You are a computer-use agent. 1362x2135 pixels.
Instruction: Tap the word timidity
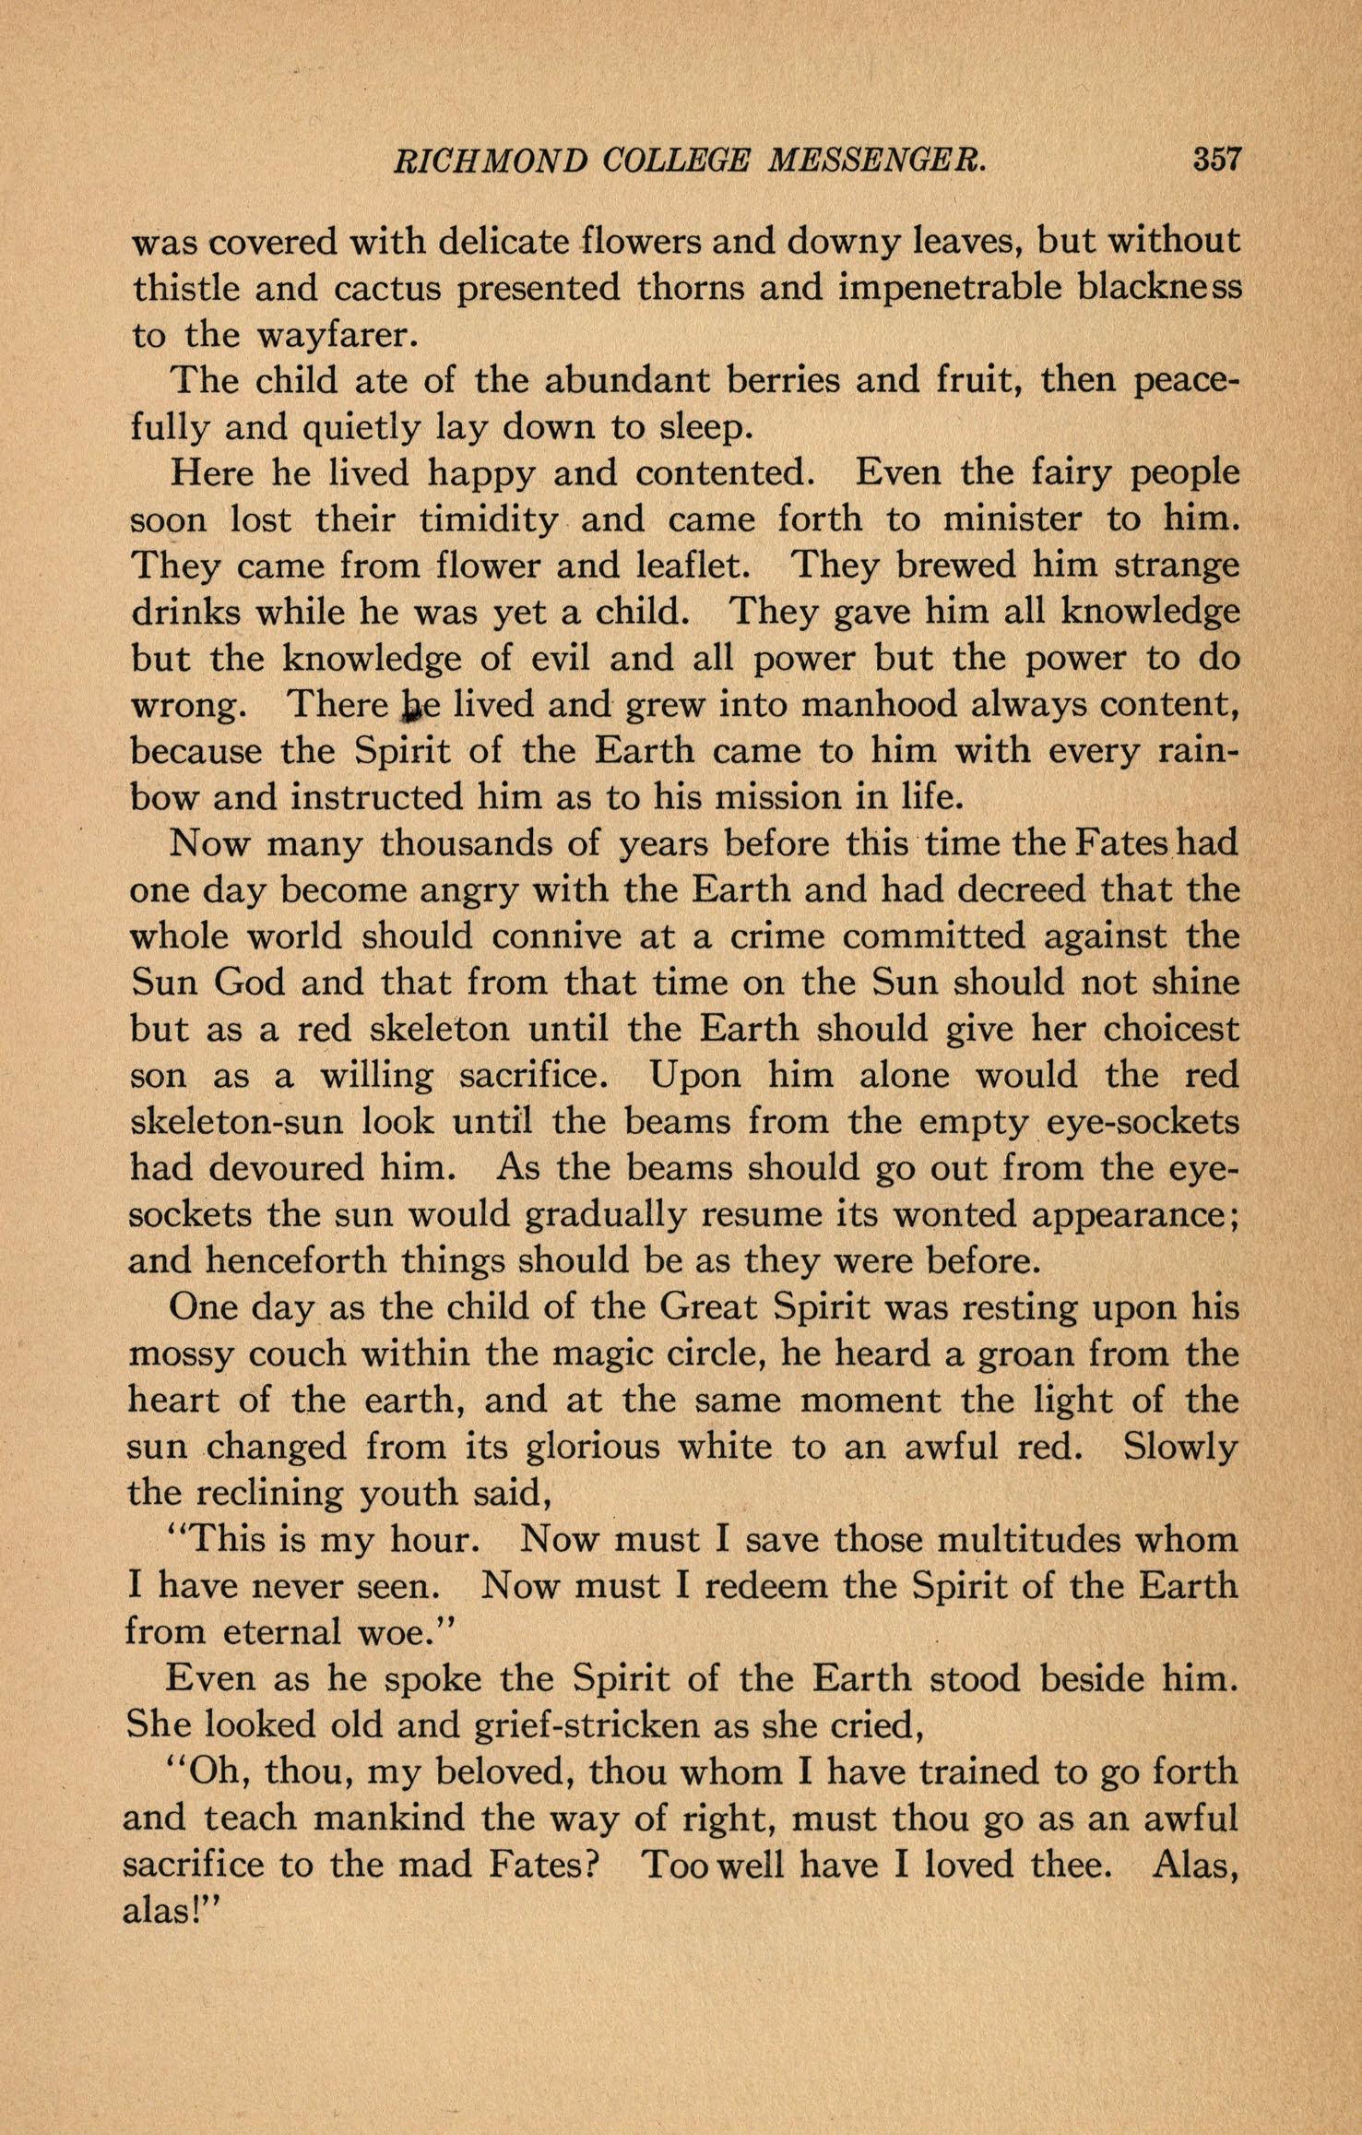pyautogui.click(x=487, y=520)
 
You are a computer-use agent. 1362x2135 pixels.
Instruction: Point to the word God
pyautogui.click(x=250, y=982)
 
